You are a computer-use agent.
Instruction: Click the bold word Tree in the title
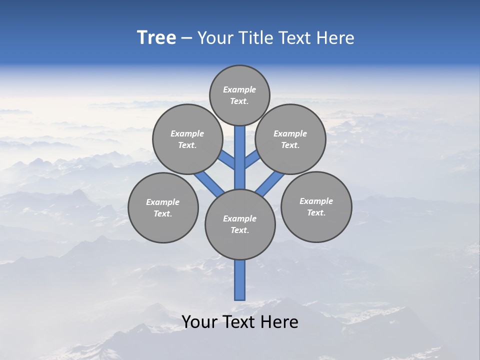156,38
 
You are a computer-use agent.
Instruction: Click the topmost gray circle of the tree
239,95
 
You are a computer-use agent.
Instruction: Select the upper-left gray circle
187,139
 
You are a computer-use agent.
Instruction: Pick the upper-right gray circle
290,139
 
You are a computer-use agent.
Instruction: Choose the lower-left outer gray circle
163,207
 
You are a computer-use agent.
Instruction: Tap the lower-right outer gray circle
316,206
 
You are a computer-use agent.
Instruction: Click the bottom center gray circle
240,224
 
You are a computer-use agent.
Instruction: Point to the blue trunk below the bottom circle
240,280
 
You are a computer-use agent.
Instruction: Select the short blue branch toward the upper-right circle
252,160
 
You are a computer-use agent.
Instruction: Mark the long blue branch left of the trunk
209,182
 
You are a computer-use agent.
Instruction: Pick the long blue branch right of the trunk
270,182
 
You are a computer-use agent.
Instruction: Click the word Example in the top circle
239,89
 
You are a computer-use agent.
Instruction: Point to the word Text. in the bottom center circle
240,230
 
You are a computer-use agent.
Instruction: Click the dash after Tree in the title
186,38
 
